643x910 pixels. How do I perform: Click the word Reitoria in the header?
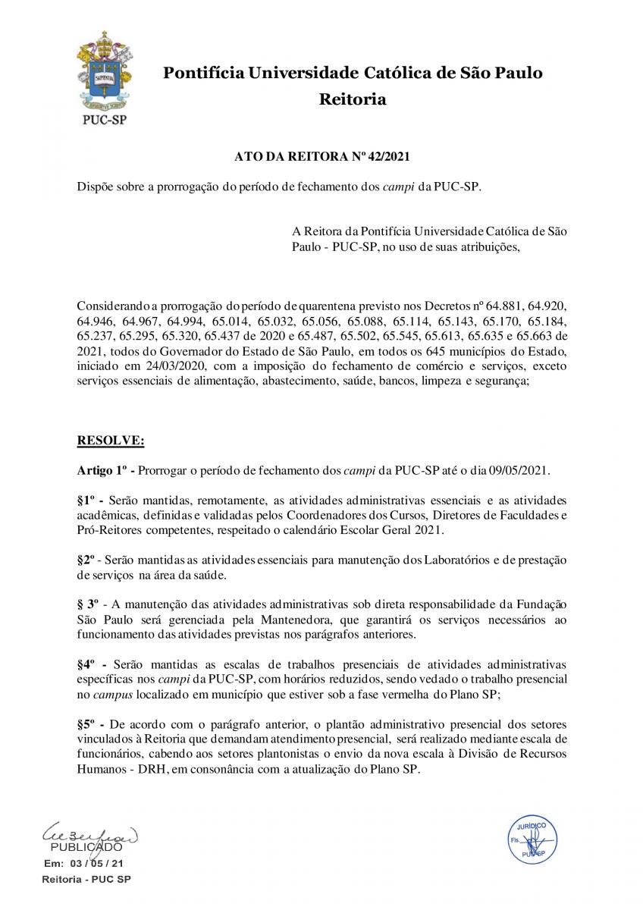tap(352, 99)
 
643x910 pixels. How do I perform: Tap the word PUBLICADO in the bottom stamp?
tap(86, 847)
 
